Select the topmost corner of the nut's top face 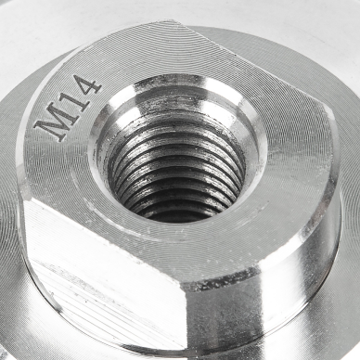tap(178, 21)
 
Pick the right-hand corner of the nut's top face tap(327, 107)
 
